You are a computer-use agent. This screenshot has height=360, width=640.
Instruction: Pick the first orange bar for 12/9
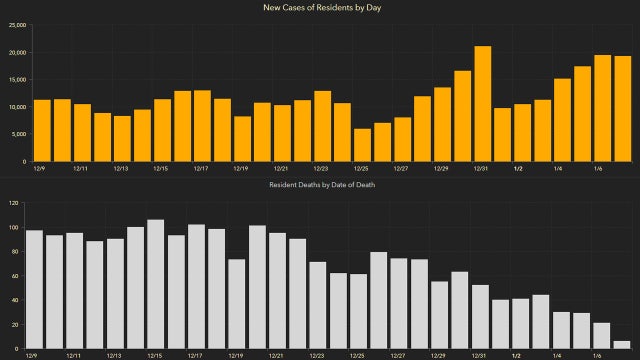[42, 130]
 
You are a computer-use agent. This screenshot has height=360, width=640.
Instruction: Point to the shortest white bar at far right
[622, 345]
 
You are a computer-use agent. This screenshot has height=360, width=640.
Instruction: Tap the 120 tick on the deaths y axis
[12, 203]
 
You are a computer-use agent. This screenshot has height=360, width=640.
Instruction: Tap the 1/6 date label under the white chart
[597, 355]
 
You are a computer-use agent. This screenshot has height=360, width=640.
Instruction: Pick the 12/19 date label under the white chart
[235, 355]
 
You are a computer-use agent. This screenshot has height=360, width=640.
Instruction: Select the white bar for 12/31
[480, 317]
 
